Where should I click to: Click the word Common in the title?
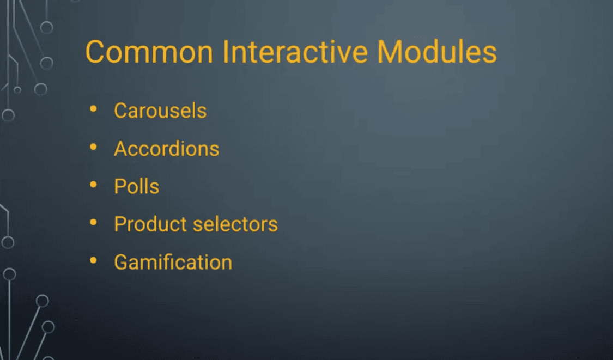149,52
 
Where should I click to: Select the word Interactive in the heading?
295,52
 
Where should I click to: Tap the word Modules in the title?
437,52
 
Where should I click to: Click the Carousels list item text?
160,111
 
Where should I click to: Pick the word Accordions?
167,149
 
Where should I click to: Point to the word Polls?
136,186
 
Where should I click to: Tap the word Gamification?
173,262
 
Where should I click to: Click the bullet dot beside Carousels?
93,109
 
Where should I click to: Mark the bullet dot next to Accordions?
93,147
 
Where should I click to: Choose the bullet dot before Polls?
93,185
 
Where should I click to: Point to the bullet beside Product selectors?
93,222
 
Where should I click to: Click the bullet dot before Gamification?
93,260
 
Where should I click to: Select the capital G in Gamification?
121,262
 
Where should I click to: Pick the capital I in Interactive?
226,52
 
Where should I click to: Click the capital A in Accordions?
121,149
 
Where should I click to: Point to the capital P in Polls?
120,186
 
